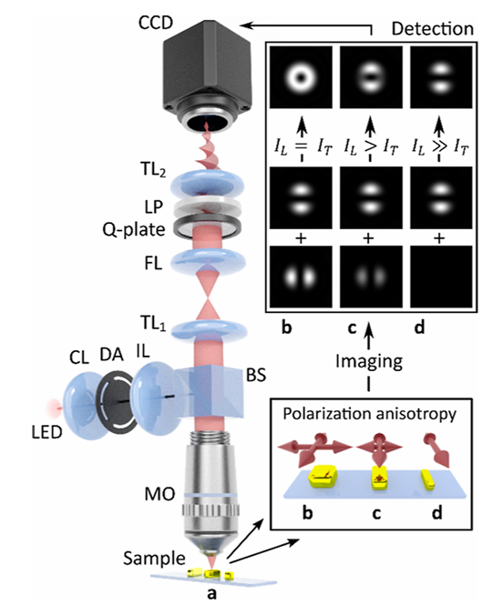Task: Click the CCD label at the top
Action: point(156,24)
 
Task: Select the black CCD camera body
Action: point(206,74)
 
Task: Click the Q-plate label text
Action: point(134,230)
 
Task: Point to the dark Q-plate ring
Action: point(209,228)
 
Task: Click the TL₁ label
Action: point(153,323)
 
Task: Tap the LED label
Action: point(46,432)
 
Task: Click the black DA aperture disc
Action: point(117,402)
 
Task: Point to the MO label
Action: point(159,494)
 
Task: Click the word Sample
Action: point(154,559)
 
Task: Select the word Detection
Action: point(432,29)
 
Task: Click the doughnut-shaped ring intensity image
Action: point(301,77)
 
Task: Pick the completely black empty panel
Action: point(441,277)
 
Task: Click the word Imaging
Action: point(369,361)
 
